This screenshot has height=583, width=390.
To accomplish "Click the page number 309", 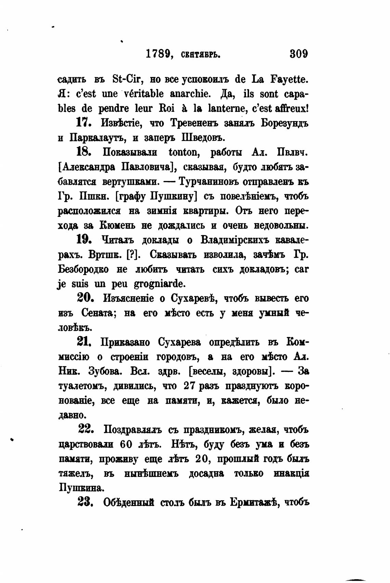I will (x=299, y=54).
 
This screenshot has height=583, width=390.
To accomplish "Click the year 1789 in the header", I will (x=158, y=54).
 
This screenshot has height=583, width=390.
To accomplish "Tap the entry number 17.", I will (x=83, y=123).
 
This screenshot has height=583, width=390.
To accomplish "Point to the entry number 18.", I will (x=83, y=152).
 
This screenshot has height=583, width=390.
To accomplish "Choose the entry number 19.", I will (x=84, y=240).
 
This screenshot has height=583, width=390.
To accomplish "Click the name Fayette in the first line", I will (x=290, y=79).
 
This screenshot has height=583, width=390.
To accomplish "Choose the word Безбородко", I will (x=83, y=269).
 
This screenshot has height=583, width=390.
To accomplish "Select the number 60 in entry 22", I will (x=126, y=444).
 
